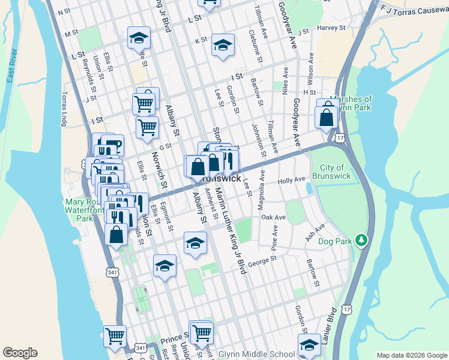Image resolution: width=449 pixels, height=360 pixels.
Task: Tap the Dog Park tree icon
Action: (361, 241)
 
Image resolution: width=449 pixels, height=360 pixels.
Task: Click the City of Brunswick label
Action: (331, 172)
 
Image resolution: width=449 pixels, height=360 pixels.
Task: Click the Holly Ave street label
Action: (292, 180)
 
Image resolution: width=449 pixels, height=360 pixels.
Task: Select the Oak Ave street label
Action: (273, 217)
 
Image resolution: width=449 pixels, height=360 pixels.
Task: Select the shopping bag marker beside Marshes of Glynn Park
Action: (327, 116)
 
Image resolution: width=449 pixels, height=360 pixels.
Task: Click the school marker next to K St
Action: (223, 46)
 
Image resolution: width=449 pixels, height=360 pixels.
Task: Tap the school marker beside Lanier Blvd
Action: (309, 345)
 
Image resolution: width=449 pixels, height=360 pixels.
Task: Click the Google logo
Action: (20, 353)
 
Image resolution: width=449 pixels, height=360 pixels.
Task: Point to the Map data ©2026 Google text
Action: (411, 355)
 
